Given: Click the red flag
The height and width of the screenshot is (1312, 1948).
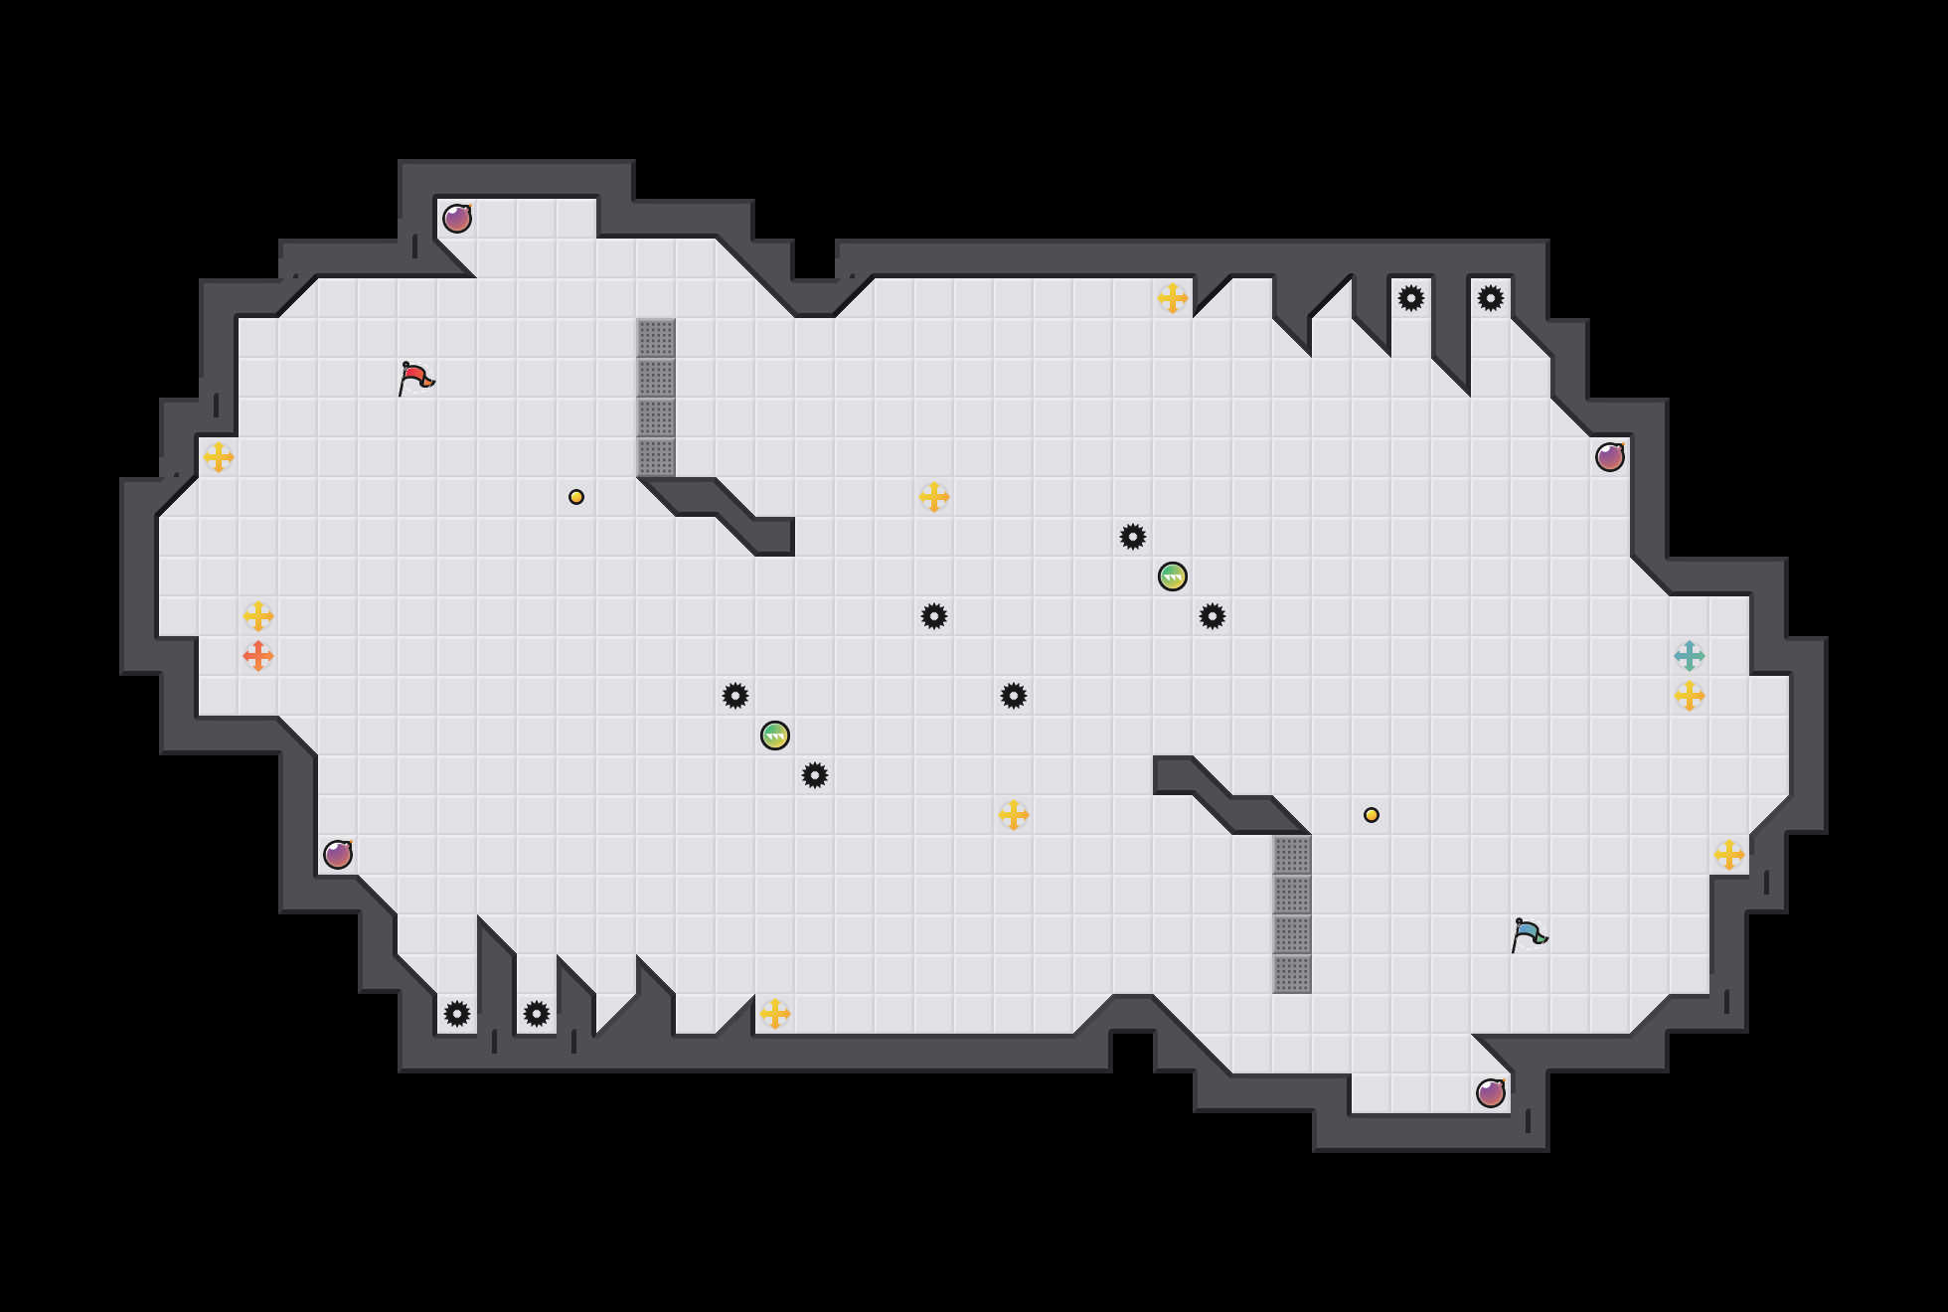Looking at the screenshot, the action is coord(415,379).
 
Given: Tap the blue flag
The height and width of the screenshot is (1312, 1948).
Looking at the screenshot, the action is coord(1529,935).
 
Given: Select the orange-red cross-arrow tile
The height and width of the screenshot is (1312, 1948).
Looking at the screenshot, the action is coord(258,656).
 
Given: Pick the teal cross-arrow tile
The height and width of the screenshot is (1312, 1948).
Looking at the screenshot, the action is coord(1690,656).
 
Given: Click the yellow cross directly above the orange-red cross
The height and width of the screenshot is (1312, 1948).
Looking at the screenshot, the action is coord(258,616).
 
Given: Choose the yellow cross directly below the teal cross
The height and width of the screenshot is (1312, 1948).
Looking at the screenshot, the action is coord(1690,696).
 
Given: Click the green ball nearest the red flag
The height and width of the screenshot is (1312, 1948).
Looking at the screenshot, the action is coord(775,736).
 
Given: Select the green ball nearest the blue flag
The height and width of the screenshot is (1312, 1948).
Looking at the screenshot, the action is coord(1173,576).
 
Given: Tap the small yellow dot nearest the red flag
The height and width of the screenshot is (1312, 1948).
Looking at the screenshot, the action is coord(576,497).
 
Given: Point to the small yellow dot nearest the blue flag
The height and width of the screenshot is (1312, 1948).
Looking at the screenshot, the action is coord(1372,815).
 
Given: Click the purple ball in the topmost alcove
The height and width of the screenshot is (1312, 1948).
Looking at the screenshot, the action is coord(457,219).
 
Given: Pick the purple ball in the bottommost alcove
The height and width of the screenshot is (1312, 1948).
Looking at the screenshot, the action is coord(1491,1093).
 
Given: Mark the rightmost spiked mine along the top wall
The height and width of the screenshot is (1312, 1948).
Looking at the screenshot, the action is coord(1491,298).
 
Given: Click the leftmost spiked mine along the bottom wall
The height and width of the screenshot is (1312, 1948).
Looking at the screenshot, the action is coord(457,1014).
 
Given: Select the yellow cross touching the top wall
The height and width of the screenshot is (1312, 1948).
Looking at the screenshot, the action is coord(1173,298).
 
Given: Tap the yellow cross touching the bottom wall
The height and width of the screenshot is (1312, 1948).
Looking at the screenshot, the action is coord(775,1014).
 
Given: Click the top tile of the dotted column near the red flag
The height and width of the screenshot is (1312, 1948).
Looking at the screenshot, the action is coord(656,338).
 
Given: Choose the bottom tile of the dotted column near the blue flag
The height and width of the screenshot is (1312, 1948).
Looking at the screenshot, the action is coord(1292,974).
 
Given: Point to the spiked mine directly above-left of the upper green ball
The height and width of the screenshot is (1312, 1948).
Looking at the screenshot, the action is coord(1133,537).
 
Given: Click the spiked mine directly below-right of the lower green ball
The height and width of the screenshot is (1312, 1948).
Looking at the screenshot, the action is coord(815,775).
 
